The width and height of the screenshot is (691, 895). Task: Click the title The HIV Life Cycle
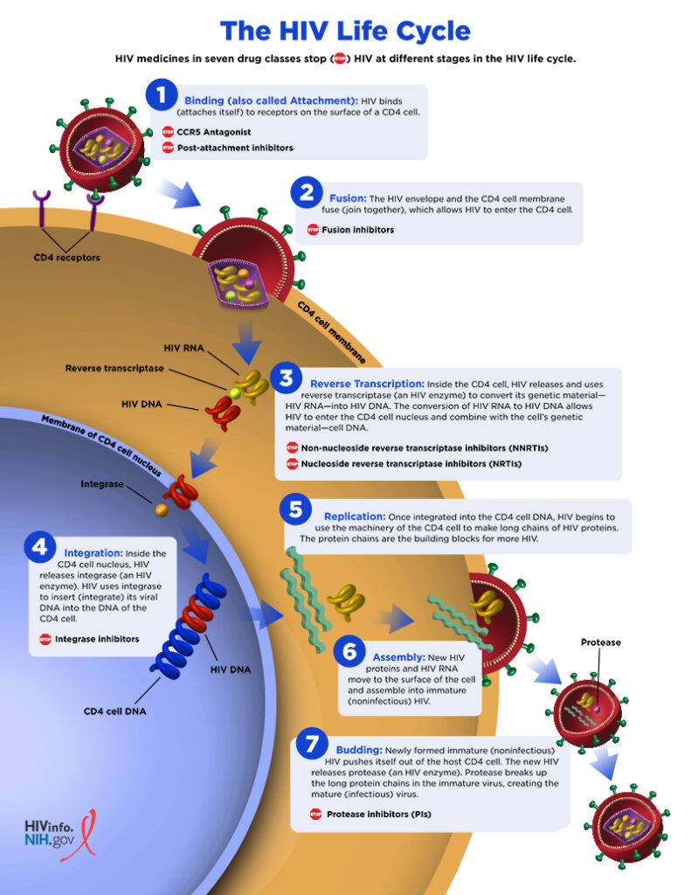[x=345, y=31]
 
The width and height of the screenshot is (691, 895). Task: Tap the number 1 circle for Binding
[x=162, y=94]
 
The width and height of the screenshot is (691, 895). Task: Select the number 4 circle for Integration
[x=40, y=548]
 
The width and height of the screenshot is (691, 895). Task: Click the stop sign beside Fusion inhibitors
[x=313, y=230]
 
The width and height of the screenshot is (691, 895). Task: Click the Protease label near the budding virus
[x=600, y=642]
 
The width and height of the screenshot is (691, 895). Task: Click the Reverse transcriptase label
[x=114, y=369]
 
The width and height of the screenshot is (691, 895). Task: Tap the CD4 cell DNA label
[x=114, y=711]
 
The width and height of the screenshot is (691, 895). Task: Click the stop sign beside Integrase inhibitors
[x=45, y=639]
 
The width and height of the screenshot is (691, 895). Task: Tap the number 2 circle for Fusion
[x=307, y=193]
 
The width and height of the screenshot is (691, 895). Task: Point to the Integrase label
[x=102, y=483]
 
